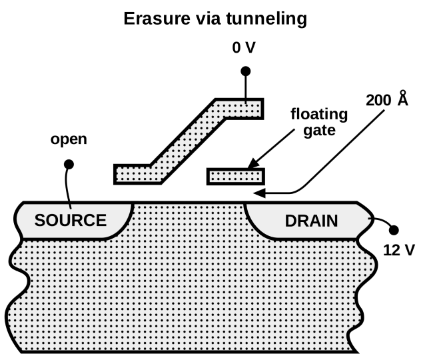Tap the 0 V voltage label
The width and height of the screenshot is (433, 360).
click(245, 49)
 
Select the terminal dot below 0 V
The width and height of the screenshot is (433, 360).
click(245, 71)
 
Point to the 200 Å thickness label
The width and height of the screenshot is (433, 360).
click(387, 100)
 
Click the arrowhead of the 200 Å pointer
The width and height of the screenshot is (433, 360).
click(260, 193)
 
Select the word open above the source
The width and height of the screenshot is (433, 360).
click(69, 141)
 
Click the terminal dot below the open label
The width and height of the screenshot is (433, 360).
click(69, 163)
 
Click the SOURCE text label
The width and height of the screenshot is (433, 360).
click(71, 220)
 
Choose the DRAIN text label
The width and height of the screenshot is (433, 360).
click(311, 220)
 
